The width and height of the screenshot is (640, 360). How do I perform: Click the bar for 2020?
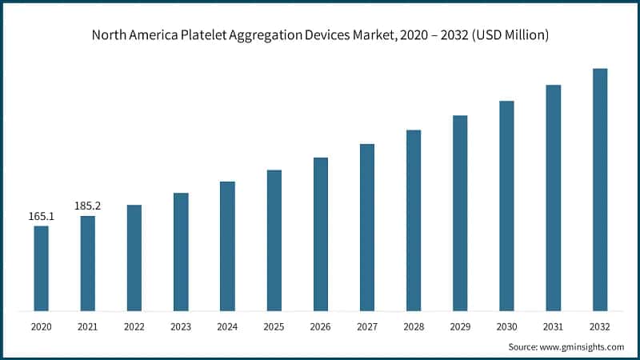(41, 268)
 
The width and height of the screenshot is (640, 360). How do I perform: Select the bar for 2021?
(87, 263)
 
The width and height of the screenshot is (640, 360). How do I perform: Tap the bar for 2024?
(227, 246)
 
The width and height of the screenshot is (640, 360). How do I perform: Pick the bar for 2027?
(367, 227)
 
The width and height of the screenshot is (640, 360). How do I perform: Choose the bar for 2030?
(506, 206)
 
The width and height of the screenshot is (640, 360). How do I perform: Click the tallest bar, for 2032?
(600, 190)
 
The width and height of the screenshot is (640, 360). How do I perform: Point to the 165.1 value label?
(41, 216)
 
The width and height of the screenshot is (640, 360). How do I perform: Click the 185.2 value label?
(87, 206)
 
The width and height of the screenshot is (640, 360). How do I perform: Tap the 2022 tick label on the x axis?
(134, 326)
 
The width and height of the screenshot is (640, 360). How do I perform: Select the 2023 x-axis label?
(181, 326)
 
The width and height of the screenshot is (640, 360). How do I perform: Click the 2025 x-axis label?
(274, 326)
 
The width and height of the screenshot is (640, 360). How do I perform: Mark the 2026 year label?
(320, 326)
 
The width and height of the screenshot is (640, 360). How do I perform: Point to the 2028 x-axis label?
(414, 326)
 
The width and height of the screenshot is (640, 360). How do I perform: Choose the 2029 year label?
(460, 326)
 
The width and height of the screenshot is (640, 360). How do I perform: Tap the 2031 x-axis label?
(554, 326)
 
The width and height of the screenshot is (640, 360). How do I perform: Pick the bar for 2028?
(414, 220)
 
